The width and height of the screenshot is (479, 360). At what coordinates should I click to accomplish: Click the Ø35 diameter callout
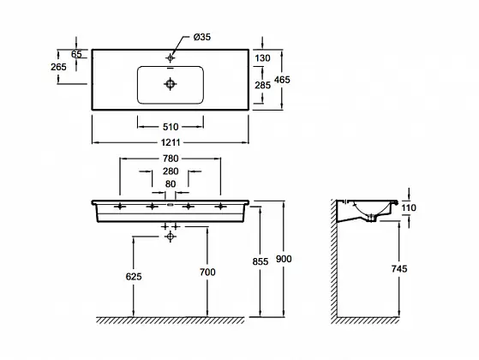202,37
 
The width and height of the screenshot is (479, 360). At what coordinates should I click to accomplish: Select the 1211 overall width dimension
171,142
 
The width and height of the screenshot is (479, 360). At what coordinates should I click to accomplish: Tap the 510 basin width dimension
171,127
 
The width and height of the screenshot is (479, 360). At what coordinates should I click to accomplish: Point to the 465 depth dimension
282,80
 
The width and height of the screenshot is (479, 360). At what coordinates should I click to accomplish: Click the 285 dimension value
263,85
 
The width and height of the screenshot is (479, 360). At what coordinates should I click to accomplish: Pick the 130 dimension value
262,58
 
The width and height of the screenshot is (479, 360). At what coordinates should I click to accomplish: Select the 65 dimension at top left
76,54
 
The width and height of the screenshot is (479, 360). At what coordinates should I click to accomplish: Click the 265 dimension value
58,67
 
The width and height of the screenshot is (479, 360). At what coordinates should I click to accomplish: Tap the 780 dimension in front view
171,159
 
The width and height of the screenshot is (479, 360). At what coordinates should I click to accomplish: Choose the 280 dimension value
171,171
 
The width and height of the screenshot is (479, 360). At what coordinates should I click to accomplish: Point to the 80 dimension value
171,184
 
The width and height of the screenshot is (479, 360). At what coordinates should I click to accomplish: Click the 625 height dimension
134,277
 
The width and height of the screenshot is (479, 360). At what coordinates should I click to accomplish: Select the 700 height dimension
207,272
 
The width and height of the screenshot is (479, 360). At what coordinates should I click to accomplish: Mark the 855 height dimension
260,262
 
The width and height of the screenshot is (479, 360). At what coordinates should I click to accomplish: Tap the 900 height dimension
284,259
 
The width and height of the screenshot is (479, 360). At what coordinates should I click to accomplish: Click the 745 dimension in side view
399,269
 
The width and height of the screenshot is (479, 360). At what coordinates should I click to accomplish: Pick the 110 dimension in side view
409,208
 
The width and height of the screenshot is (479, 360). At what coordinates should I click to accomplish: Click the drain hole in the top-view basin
171,84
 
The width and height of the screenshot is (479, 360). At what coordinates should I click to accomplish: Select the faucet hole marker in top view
171,57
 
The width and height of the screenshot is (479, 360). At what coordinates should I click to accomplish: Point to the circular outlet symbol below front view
171,237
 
